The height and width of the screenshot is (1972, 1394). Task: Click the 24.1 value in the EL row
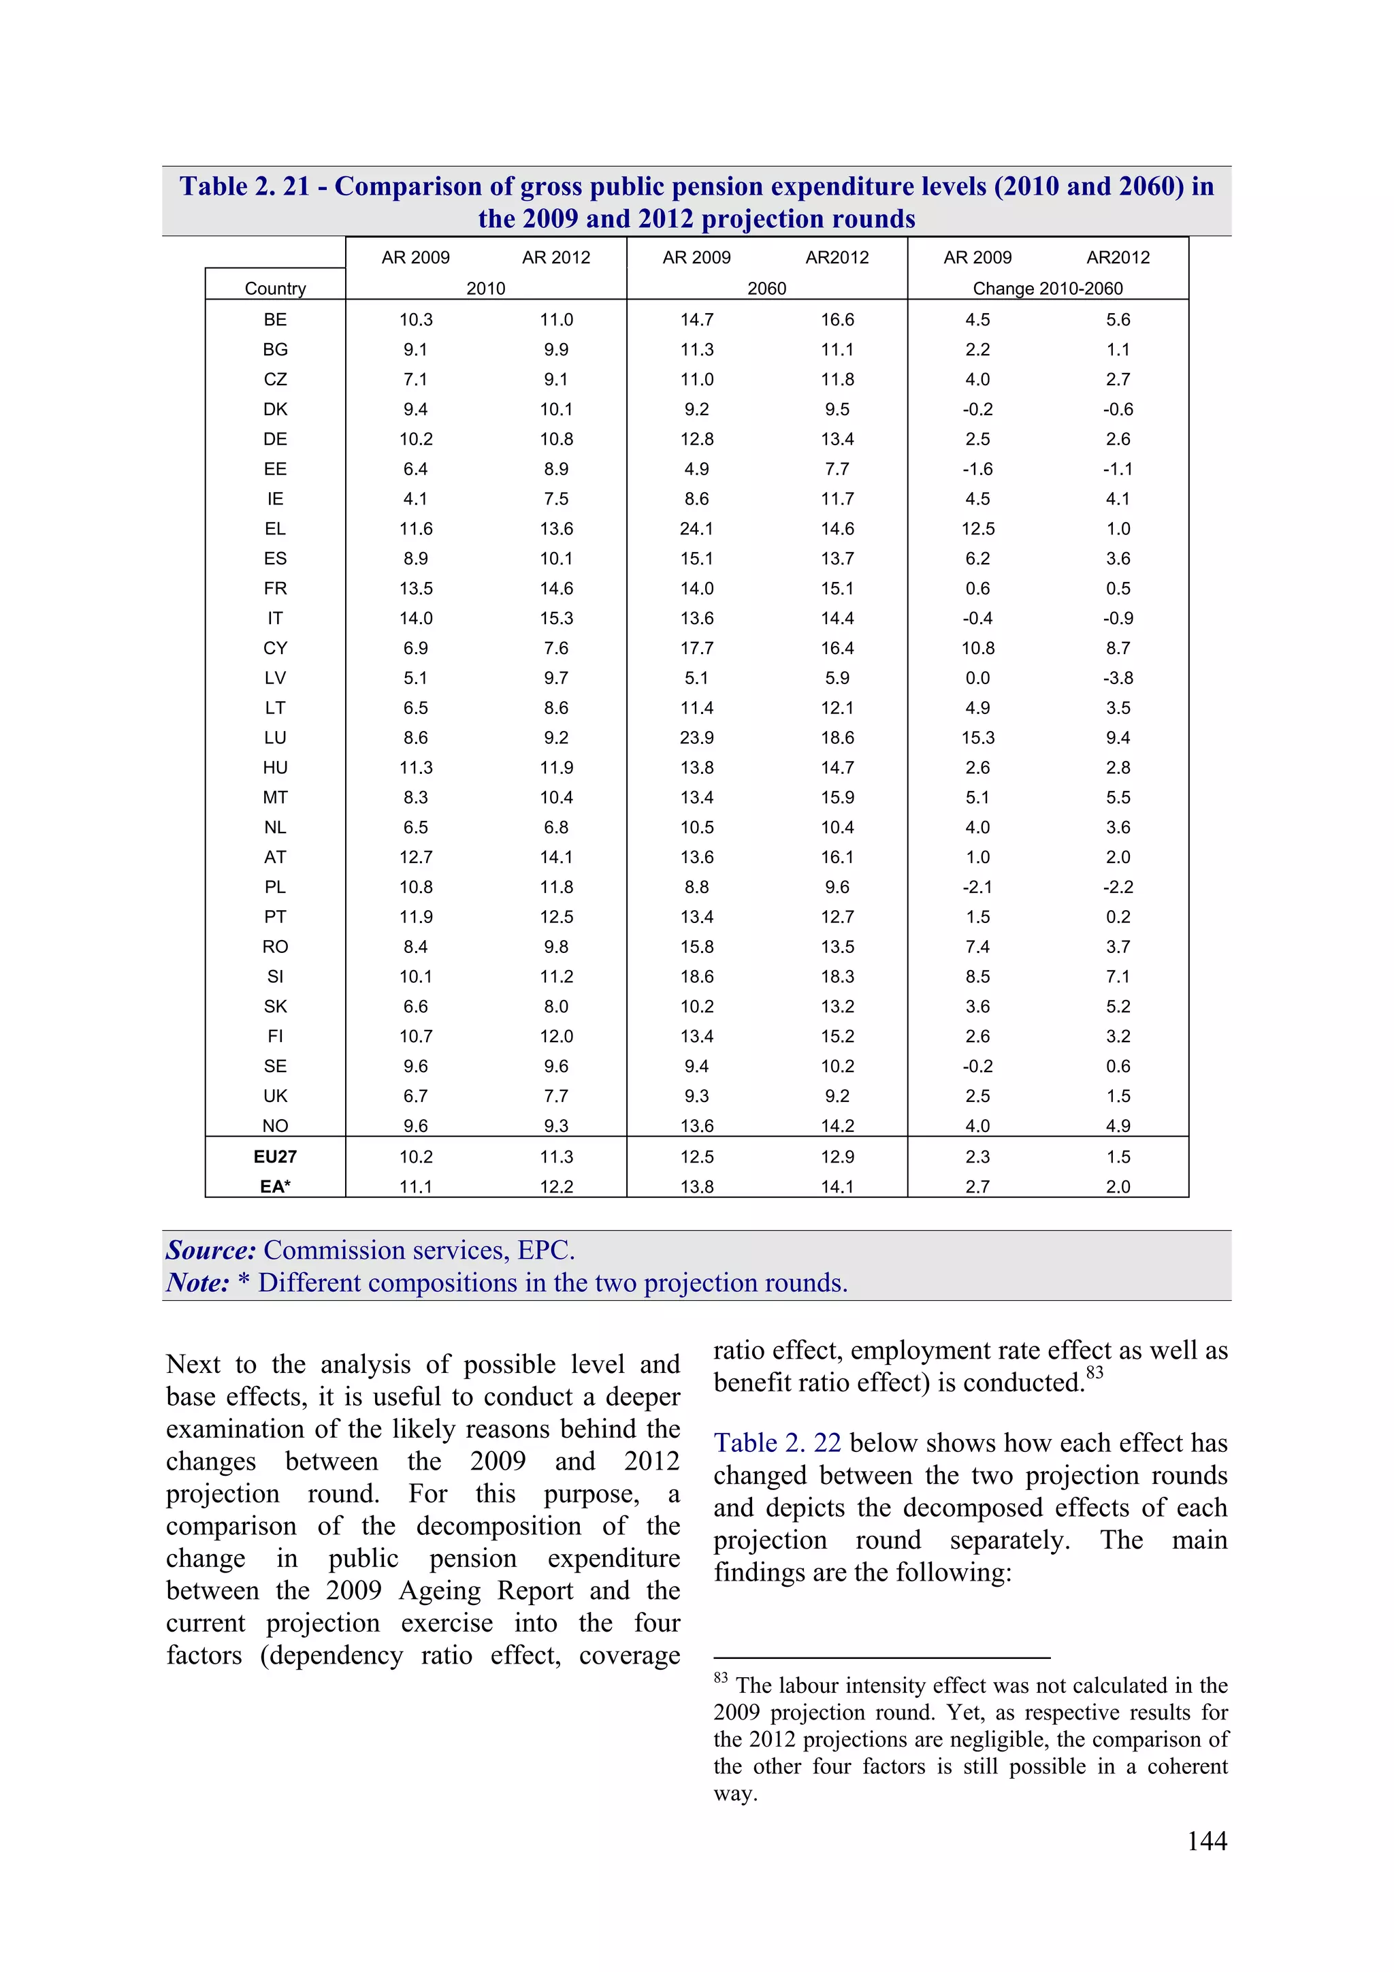coord(696,528)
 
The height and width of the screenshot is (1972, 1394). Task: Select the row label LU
coord(275,737)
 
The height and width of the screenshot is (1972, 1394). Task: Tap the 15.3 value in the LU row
coord(977,737)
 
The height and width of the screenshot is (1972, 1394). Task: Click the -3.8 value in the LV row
coord(1118,678)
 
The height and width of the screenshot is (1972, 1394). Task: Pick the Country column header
coord(275,289)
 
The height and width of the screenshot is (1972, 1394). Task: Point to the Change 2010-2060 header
coord(1047,289)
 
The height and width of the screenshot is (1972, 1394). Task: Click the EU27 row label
coord(275,1156)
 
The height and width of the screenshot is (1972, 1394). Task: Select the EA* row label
coord(275,1186)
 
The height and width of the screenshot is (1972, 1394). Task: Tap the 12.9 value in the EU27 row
coord(837,1156)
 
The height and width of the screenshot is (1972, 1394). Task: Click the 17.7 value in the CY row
coord(696,647)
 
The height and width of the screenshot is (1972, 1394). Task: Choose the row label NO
coord(275,1125)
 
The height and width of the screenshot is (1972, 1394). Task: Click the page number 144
coord(1206,1840)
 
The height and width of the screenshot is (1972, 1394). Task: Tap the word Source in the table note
coord(210,1250)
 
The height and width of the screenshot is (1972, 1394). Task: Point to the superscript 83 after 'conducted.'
coord(1095,1372)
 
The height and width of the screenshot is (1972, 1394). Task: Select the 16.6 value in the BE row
coord(837,319)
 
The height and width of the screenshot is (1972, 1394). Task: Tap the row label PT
coord(275,916)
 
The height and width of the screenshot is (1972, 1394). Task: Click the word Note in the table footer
coord(197,1282)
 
